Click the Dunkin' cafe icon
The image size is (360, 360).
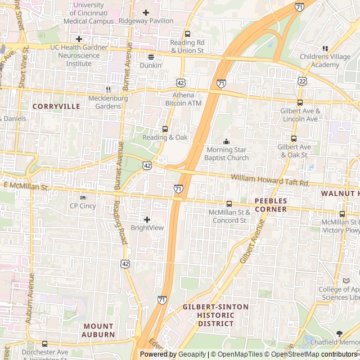point(151,57)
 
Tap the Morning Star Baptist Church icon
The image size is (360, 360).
point(227,142)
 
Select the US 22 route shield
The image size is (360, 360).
point(303,82)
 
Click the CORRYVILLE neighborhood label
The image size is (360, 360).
point(56,106)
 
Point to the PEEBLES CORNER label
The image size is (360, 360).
point(271,205)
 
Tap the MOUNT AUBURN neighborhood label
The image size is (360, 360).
point(99,330)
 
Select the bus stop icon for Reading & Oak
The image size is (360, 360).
point(165,129)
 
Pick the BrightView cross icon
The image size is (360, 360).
point(147,219)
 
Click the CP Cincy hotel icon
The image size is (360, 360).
point(83,197)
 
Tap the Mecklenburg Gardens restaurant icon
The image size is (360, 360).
point(109,89)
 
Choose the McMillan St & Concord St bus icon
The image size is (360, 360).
point(229,204)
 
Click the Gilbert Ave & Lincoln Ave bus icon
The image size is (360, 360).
point(300,103)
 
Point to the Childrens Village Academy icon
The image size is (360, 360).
point(325,49)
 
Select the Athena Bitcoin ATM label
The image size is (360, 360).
point(183,99)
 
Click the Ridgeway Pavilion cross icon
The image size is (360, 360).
point(146,12)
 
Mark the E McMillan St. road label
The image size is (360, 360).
point(26,185)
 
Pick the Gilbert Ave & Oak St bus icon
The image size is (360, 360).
point(294,138)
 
